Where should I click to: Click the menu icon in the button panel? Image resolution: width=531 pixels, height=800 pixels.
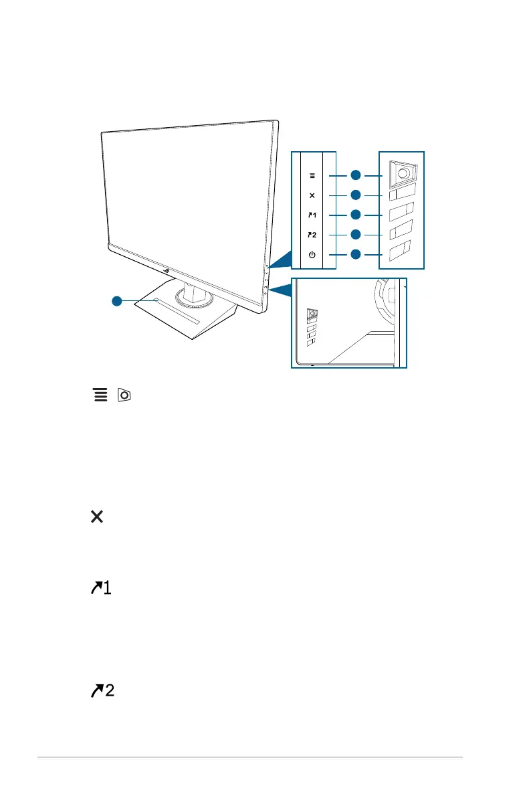pos(311,175)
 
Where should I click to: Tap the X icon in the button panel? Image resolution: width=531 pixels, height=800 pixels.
pos(311,195)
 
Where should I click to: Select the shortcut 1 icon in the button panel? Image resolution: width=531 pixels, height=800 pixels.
pos(312,215)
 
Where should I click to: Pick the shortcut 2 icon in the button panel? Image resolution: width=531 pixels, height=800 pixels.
pos(312,235)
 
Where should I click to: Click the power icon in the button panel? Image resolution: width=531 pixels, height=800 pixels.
pos(311,254)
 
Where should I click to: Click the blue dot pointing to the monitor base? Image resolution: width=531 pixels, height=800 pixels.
pos(117,301)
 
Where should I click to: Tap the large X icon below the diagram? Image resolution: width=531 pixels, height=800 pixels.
pos(97,516)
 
